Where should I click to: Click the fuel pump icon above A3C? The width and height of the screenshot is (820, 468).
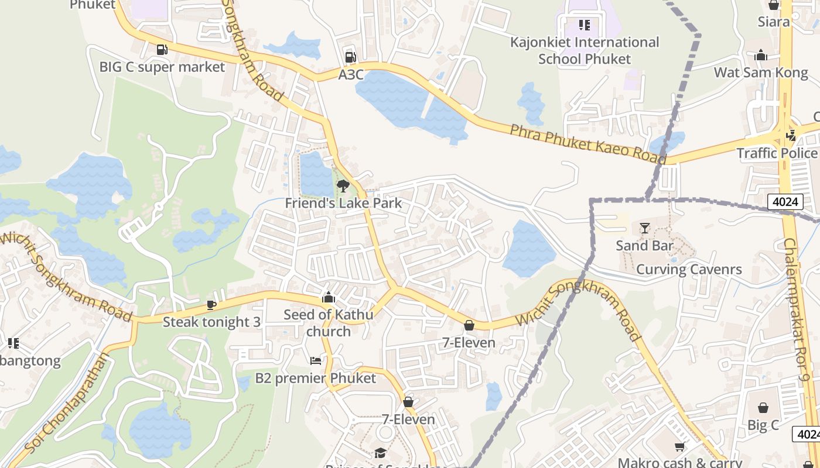coord(350,57)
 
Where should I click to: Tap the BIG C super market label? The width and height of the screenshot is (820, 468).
coord(162,67)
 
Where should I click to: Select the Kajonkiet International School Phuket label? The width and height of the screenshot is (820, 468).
coord(584,50)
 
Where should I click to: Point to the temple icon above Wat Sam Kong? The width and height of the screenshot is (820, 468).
coord(761,56)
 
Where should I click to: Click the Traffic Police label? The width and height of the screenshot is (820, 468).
coord(777,153)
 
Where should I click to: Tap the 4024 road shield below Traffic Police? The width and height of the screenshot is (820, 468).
coord(785,202)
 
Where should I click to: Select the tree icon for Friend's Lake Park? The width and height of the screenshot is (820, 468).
coord(343,186)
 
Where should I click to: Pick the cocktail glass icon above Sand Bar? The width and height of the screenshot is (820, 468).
coord(645,228)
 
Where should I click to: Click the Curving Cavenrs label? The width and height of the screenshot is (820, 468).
coord(689,270)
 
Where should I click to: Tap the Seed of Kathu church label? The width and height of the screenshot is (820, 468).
coord(328,323)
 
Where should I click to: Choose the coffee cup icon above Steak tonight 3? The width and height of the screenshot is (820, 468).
coord(211,305)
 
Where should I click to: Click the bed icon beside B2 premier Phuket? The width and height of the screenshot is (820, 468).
coord(316,361)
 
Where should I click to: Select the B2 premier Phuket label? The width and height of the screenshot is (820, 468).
coord(316,378)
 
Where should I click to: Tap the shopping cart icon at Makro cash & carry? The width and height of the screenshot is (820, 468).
coord(679,447)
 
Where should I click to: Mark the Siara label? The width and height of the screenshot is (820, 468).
coord(774,22)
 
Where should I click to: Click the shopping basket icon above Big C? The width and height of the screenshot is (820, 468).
coord(763,408)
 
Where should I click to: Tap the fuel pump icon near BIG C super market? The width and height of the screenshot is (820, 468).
coord(162,50)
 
